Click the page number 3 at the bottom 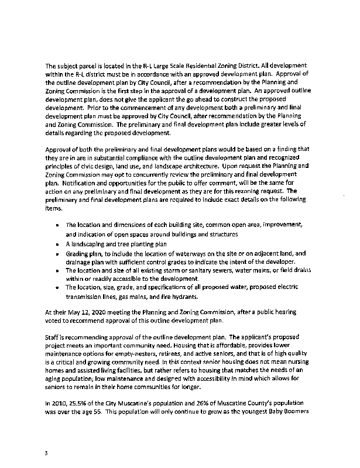[x=46, y=452]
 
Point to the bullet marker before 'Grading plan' [x=57, y=254]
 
